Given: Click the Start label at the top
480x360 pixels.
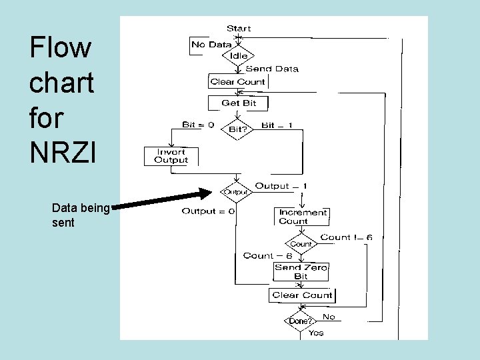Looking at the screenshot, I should coord(239,28).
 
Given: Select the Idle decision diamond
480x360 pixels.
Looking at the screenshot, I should coord(239,56).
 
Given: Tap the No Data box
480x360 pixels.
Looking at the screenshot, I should coord(211,45).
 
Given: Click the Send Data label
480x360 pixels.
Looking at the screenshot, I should coord(272,69).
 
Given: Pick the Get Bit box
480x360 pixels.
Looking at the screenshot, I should coord(239,103).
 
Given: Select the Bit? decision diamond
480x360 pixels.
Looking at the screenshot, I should coord(237,129).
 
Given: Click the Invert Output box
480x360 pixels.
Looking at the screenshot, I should coord(171,156).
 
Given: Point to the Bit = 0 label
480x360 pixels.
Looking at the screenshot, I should coord(198,125).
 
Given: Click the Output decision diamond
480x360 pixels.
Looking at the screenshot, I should coord(235,192).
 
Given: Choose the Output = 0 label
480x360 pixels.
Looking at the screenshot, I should coord(209,211).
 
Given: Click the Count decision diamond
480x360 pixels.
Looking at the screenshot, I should coord(301,244).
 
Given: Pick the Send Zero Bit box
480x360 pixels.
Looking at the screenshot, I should coord(301,271).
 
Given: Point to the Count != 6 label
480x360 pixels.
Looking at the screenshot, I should coord(346,237).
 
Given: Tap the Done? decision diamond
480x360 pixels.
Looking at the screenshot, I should coord(299,321).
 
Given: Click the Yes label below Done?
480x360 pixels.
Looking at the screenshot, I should coord(316,333).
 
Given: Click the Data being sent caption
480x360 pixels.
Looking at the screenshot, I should coord(80,215).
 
